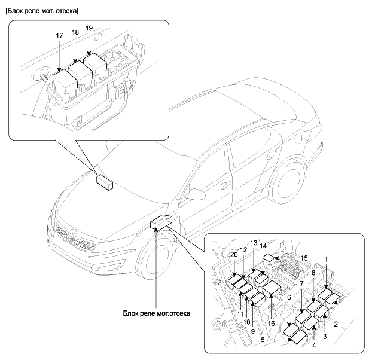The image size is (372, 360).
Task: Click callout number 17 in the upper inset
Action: click(x=60, y=36)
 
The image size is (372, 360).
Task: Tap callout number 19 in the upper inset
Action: click(x=89, y=28)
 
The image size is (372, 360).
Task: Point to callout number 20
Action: click(x=234, y=254)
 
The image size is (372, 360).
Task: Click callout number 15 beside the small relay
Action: click(x=303, y=258)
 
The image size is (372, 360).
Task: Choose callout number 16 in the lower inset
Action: click(x=272, y=324)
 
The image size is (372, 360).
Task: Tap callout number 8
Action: click(x=312, y=273)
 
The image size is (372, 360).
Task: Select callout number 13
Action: click(x=254, y=243)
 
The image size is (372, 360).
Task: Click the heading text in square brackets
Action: click(x=41, y=11)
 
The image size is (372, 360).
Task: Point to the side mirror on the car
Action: click(x=195, y=194)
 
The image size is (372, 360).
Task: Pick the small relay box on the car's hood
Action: click(x=105, y=181)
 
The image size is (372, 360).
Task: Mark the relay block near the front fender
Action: click(x=160, y=222)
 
